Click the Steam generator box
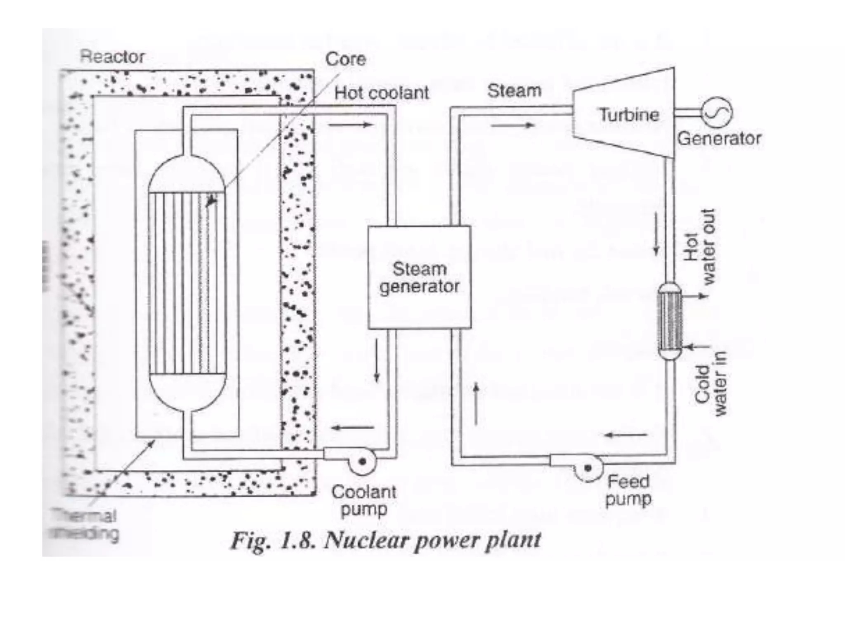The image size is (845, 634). [419, 277]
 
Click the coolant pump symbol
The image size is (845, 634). [362, 461]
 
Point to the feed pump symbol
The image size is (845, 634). [588, 467]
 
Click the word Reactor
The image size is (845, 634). [112, 57]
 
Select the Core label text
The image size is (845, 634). [345, 59]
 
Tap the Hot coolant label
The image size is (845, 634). [381, 93]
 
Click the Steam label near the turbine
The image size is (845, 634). [514, 91]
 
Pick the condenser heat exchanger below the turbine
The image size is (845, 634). [669, 321]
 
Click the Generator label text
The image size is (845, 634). [719, 138]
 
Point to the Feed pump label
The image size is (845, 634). [628, 490]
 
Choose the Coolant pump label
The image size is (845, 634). [363, 500]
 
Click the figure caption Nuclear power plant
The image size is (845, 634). [385, 540]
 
